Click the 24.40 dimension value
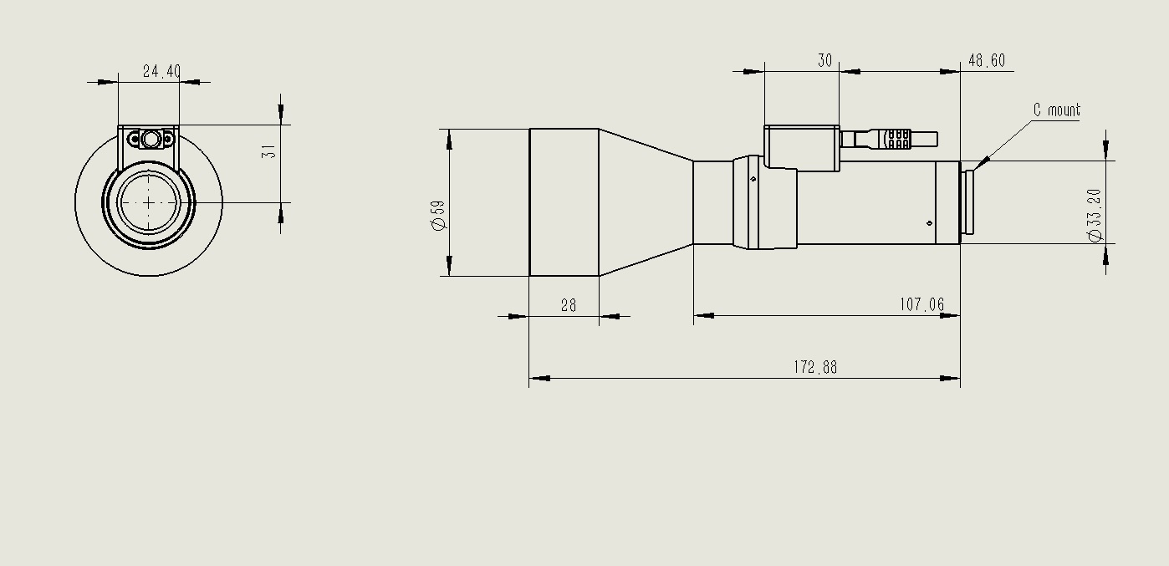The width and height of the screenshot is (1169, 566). [161, 71]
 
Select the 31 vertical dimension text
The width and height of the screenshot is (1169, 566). [268, 151]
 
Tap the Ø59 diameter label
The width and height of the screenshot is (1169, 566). [438, 215]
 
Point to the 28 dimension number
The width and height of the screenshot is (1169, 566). [569, 305]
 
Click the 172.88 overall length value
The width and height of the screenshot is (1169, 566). [815, 367]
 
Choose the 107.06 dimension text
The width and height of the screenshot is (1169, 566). [921, 304]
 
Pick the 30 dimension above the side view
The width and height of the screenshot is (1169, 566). [824, 60]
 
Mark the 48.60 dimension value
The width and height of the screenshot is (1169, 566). [987, 60]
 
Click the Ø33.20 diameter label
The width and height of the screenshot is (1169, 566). [1095, 215]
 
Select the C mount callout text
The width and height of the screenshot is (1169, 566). [1057, 110]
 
